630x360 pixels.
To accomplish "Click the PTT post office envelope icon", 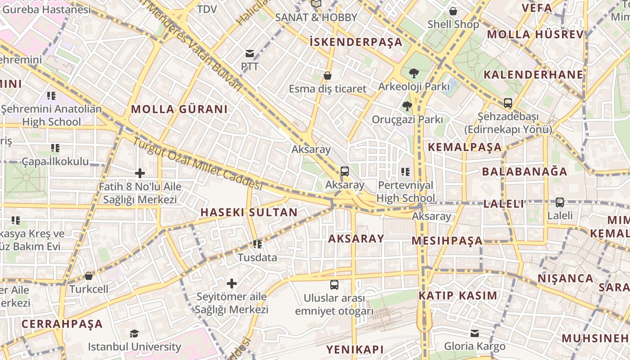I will (x=250, y=54).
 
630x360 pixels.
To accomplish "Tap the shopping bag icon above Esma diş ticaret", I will (x=328, y=76).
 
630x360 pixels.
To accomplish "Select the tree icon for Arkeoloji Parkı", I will (x=414, y=73).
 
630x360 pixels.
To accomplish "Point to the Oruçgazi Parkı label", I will (x=407, y=120).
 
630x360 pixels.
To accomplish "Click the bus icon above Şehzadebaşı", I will (x=508, y=103).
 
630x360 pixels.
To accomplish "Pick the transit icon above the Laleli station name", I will (x=560, y=202).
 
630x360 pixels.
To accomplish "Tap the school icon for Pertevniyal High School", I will (x=405, y=171).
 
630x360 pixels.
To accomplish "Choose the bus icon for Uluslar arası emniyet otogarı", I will (x=334, y=284).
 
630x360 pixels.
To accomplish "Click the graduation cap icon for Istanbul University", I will (x=134, y=333).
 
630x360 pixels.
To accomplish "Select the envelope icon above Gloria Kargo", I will (x=475, y=333).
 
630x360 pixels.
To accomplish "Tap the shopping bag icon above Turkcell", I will (x=89, y=275).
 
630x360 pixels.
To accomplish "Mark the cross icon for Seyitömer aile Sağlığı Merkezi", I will (x=232, y=283).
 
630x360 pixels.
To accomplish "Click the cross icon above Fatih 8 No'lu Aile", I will (x=140, y=173).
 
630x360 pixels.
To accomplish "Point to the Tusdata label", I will (x=257, y=258).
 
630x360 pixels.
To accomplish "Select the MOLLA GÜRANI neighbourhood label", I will (x=179, y=109).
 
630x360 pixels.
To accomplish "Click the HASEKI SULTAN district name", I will (x=249, y=212).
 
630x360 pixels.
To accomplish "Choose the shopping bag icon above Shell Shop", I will (x=453, y=11).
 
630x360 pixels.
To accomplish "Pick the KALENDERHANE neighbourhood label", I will (x=533, y=75).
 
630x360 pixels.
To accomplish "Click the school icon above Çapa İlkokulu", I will (x=55, y=148).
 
